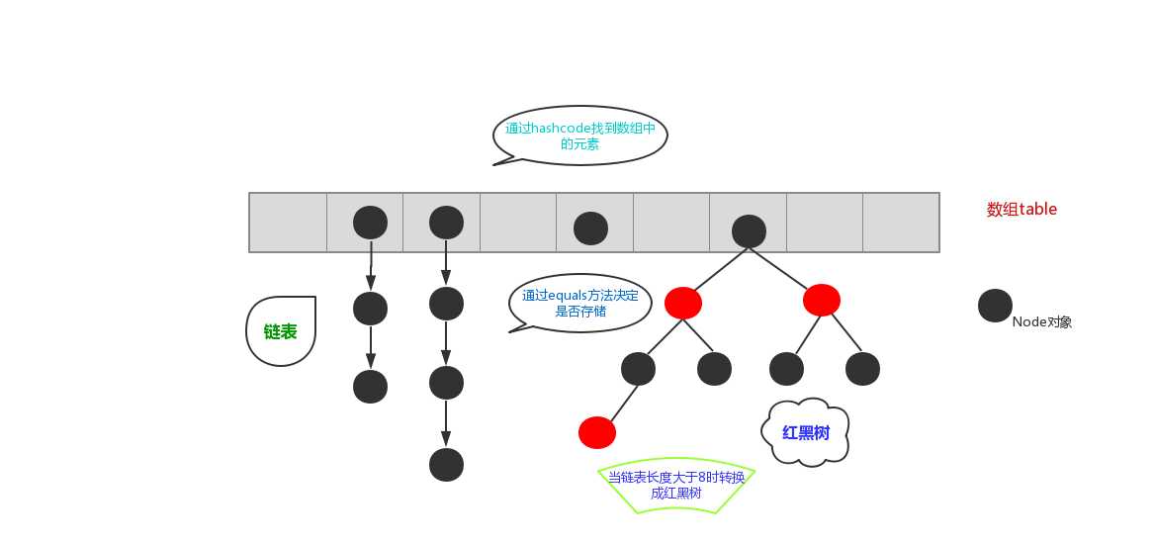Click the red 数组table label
1021,210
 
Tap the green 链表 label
280,332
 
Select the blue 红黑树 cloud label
805,432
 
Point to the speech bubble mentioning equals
580,303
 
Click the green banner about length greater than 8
676,485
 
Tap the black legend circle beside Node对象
995,306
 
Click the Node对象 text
1042,321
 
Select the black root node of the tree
749,230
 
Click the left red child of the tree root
683,303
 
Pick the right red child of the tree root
822,299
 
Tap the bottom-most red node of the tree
596,432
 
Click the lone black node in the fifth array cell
590,228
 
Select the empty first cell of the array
288,223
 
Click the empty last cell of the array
901,223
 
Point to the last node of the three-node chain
371,386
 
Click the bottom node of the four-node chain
446,464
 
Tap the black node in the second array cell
370,223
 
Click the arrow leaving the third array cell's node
446,262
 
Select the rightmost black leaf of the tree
862,369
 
